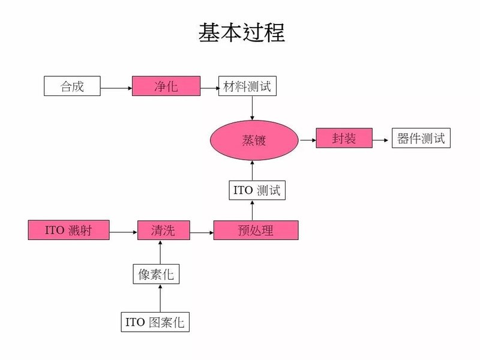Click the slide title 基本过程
(241, 34)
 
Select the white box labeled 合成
(72, 86)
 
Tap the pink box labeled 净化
(166, 86)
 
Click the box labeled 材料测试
(247, 86)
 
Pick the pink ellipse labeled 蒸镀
(254, 140)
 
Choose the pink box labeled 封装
(344, 139)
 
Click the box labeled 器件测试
(421, 139)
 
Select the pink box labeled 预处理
(256, 230)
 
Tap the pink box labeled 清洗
(164, 230)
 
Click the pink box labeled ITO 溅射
(68, 230)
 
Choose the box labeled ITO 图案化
(155, 322)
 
